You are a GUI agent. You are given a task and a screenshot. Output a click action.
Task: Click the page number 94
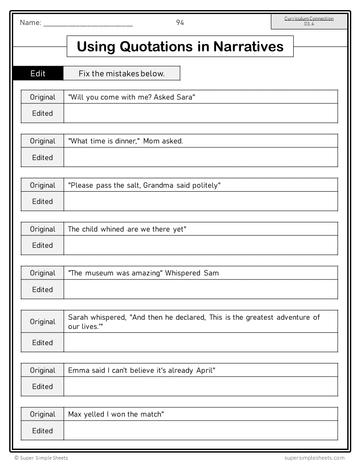[x=180, y=23]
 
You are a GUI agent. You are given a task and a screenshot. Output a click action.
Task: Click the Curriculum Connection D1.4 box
[x=309, y=21]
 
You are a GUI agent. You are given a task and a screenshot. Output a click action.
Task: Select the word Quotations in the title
[x=158, y=46]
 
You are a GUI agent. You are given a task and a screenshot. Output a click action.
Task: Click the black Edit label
[x=38, y=73]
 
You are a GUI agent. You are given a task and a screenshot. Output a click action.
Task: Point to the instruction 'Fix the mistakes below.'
[x=122, y=73]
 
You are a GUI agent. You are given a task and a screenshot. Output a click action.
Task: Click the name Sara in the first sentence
[x=184, y=97]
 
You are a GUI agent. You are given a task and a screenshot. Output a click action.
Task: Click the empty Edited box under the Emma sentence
[x=201, y=386]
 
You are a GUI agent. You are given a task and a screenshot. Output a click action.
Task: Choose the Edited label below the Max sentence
[x=43, y=431]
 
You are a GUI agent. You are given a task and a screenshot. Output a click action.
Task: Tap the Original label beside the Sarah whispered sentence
[x=43, y=321]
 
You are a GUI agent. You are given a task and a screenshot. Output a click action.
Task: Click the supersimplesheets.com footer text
[x=312, y=458]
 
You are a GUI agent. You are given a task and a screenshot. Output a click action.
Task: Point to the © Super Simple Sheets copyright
[x=41, y=458]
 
